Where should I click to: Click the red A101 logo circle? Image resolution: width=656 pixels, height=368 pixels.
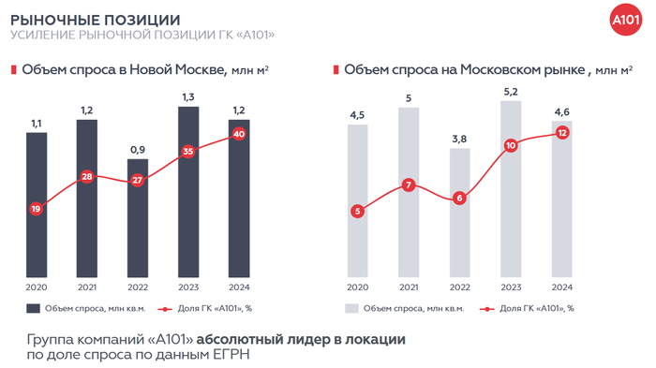624,22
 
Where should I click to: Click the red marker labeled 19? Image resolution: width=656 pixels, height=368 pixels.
36,209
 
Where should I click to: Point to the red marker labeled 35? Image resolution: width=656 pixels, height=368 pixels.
188,151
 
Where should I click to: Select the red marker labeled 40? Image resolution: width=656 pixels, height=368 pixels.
239,134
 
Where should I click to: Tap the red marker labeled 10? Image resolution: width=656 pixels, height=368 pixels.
511,145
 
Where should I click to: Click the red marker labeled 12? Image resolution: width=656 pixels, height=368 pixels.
561,132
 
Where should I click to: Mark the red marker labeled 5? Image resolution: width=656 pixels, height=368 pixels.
357,212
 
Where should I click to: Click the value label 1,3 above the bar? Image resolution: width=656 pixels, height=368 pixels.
188,96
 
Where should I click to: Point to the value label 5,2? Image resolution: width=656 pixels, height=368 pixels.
511,91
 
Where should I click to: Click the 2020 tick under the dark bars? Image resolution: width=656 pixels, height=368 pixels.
36,287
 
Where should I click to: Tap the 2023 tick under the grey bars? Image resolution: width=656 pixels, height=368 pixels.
511,287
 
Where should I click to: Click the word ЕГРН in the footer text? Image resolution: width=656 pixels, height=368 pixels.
232,356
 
